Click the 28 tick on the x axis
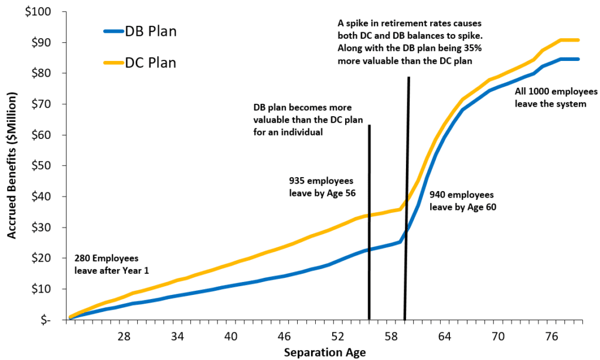(x=124, y=337)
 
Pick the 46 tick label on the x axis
(x=284, y=337)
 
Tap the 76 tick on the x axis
(x=551, y=337)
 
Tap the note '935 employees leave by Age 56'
(x=322, y=186)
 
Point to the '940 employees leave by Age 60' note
(x=462, y=201)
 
